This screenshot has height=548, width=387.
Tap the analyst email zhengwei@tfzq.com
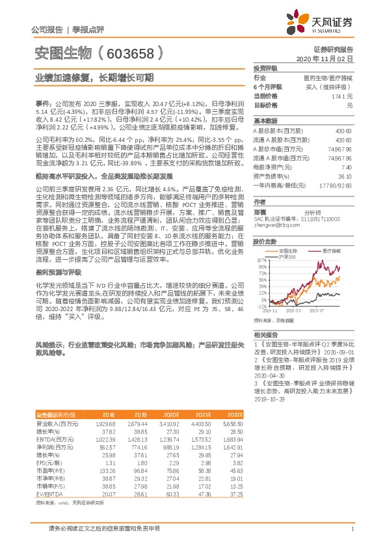(x=273, y=206)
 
